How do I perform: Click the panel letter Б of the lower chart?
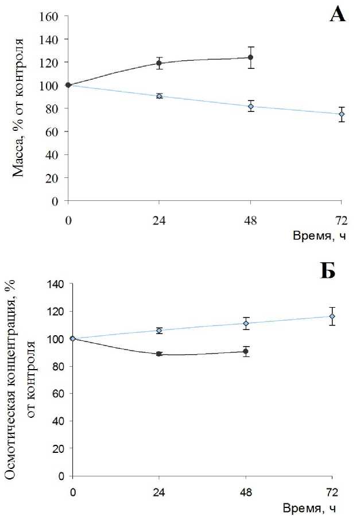pos(327,270)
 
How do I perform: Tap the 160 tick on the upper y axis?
pos(51,16)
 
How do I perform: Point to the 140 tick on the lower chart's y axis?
pos(56,284)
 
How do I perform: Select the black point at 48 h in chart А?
pos(250,57)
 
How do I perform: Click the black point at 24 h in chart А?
pos(159,63)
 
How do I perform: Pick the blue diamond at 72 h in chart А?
pos(342,114)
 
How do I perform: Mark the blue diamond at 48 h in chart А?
pos(250,106)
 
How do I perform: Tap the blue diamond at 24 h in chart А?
pos(159,96)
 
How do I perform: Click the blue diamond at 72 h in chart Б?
pos(332,316)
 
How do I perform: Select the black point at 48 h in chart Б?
pos(246,351)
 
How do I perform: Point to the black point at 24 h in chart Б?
pos(159,354)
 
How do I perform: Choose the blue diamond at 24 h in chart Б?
pos(159,330)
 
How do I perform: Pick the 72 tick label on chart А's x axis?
pos(342,219)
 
